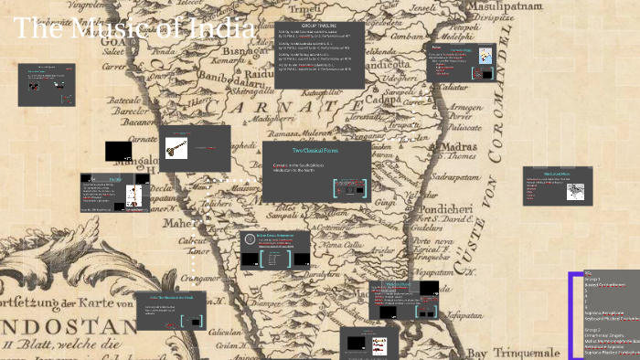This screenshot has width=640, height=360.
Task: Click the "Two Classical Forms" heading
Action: point(316,150)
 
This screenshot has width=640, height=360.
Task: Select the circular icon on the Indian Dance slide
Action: point(250,240)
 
